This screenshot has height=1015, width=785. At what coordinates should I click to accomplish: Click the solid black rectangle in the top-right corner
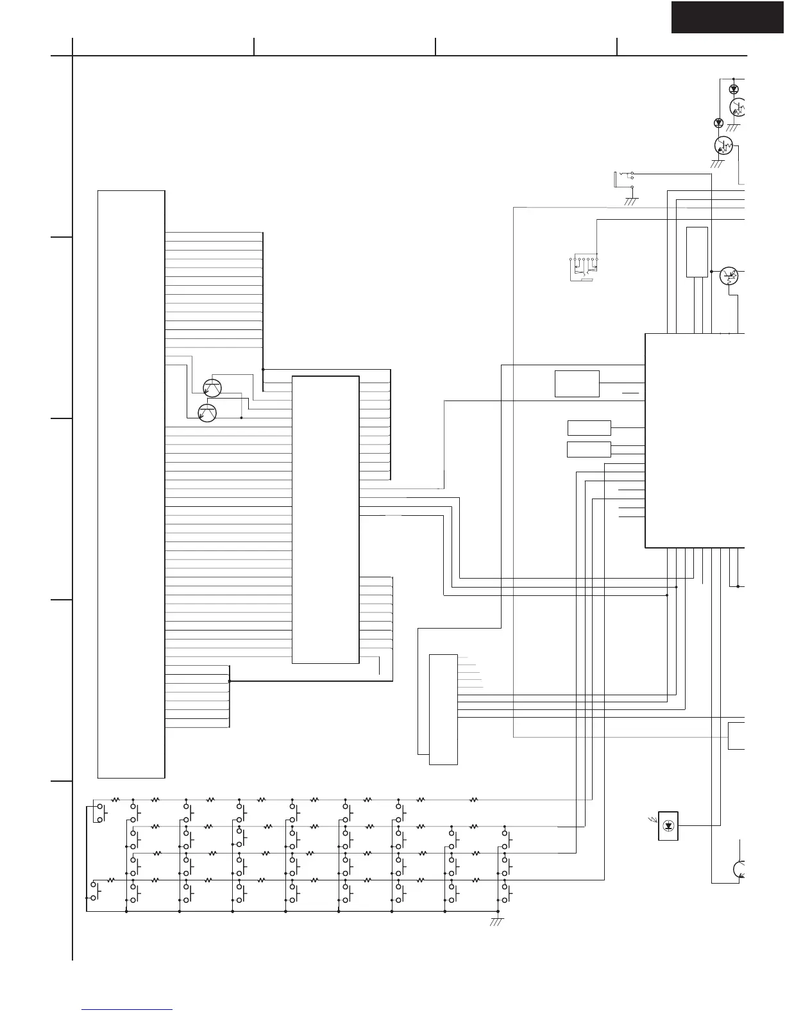click(x=727, y=17)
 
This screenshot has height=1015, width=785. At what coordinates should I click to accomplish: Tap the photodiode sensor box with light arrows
click(x=669, y=825)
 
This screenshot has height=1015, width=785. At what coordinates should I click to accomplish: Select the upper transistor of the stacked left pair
click(x=212, y=388)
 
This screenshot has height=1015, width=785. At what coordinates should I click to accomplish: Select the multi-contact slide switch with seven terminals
click(x=583, y=268)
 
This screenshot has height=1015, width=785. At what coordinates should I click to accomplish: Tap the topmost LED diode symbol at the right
click(x=734, y=89)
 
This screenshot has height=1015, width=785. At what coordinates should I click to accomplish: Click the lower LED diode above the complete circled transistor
click(x=718, y=122)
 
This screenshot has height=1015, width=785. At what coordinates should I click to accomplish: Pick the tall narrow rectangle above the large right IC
click(x=697, y=252)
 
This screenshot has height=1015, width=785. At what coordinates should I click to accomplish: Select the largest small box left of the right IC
click(x=577, y=383)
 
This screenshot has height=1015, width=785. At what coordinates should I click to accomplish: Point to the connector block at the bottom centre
click(x=443, y=709)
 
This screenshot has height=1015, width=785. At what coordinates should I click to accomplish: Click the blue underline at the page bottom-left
click(x=128, y=1009)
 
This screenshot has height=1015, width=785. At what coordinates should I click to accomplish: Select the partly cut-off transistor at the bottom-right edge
click(x=741, y=869)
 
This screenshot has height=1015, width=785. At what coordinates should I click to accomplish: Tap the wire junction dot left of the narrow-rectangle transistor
click(x=711, y=272)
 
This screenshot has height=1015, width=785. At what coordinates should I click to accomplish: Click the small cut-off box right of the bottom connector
click(x=738, y=736)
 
